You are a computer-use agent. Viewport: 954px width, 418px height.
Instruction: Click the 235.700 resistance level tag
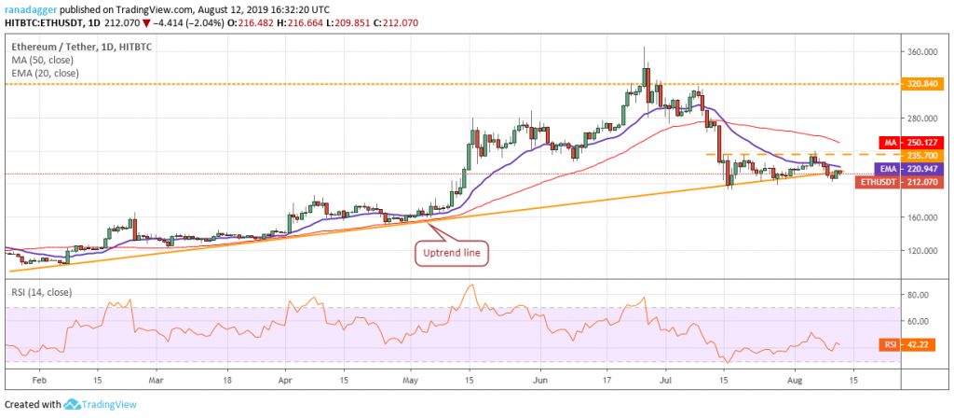click(x=926, y=155)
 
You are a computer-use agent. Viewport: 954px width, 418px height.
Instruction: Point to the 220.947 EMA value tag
click(x=926, y=169)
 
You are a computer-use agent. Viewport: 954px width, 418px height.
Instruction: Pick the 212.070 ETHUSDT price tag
click(x=926, y=182)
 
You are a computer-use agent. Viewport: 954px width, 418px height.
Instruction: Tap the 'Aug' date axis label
click(x=792, y=381)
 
